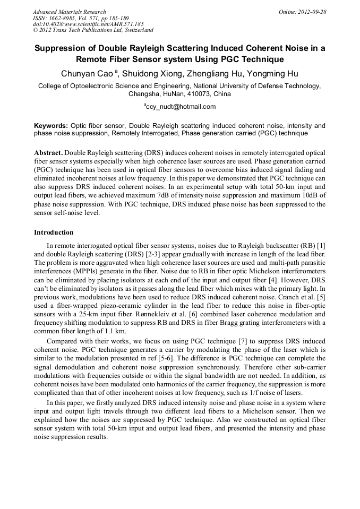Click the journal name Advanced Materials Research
pos(69,12)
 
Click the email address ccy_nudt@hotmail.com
pos(181,106)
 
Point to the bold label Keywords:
pos(51,126)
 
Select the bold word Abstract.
pos(48,152)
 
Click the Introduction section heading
pos(54,232)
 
